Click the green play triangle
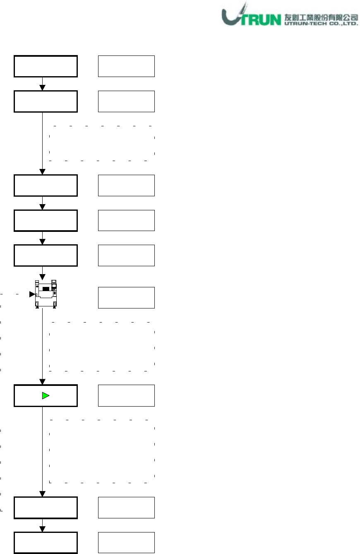coord(46,396)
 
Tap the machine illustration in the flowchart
coord(46,294)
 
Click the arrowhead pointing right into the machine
coord(31,294)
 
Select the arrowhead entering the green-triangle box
coord(42,381)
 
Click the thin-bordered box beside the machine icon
coord(126,298)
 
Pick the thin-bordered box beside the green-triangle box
coord(126,395)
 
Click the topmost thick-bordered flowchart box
coord(46,66)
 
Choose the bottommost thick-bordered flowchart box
coord(46,543)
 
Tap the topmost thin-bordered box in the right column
coord(126,66)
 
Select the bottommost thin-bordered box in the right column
coord(126,543)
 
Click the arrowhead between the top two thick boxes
coord(42,87)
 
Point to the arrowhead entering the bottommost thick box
coord(42,529)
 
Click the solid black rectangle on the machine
coord(46,288)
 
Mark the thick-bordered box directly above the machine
coord(46,255)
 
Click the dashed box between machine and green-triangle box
coord(101,346)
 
